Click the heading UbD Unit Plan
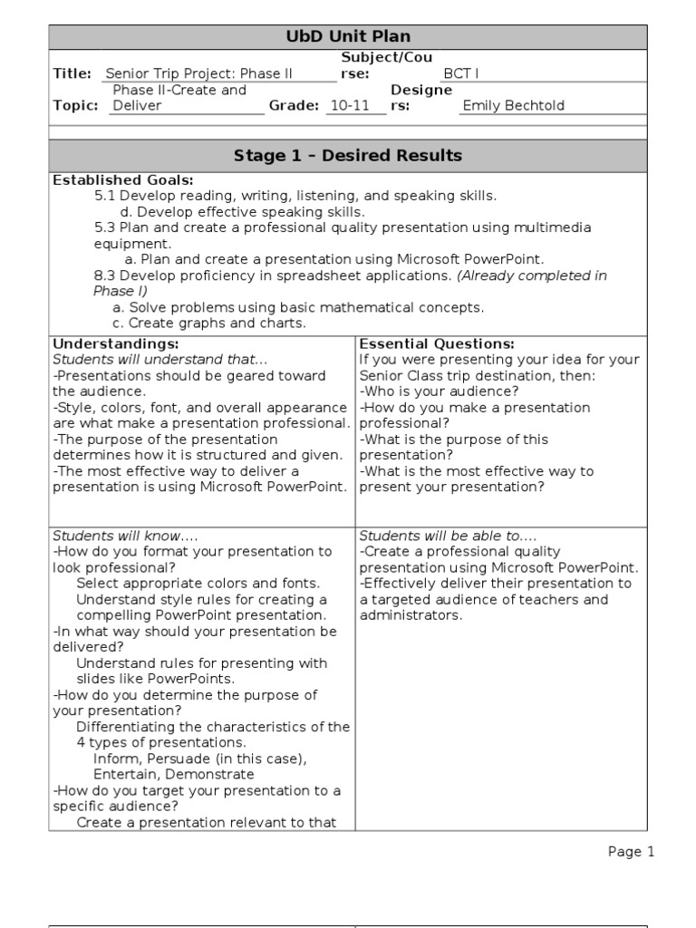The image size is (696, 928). tap(348, 37)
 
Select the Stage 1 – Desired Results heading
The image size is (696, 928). tap(348, 156)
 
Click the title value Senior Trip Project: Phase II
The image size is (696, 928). tap(199, 73)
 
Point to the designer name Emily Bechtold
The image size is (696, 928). tap(513, 105)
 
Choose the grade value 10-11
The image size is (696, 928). tap(350, 105)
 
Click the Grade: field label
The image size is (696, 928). tap(294, 105)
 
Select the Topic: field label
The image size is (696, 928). tap(75, 105)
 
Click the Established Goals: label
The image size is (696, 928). tap(123, 179)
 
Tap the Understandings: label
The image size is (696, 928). tap(116, 343)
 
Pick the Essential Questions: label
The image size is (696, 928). tap(437, 343)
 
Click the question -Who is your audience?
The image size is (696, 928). tap(440, 391)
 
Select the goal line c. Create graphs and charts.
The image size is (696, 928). tap(209, 323)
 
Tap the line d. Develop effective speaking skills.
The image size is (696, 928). tap(243, 211)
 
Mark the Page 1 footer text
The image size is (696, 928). tap(631, 852)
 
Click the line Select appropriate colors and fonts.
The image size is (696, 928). tap(198, 584)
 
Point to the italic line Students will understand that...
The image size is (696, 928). tap(148, 360)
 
